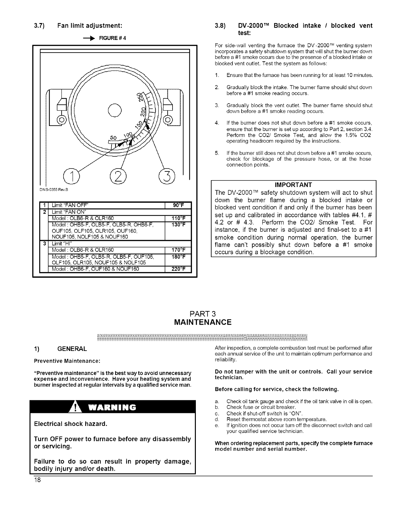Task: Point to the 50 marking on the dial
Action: (114, 138)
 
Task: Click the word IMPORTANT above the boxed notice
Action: (293, 185)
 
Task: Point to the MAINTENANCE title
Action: (203, 322)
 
